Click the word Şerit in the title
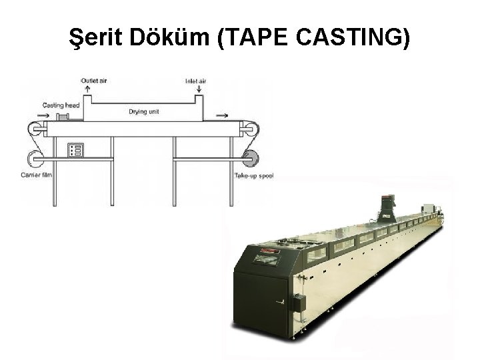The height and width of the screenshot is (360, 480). pos(96,37)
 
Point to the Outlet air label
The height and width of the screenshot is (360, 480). pos(94,81)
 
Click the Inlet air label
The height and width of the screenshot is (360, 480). pos(195,81)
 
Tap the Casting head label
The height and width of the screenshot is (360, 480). pos(61,105)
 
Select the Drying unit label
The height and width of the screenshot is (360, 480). pos(144,111)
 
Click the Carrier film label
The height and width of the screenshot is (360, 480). pos(36,175)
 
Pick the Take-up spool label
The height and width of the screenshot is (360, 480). pos(254,176)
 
